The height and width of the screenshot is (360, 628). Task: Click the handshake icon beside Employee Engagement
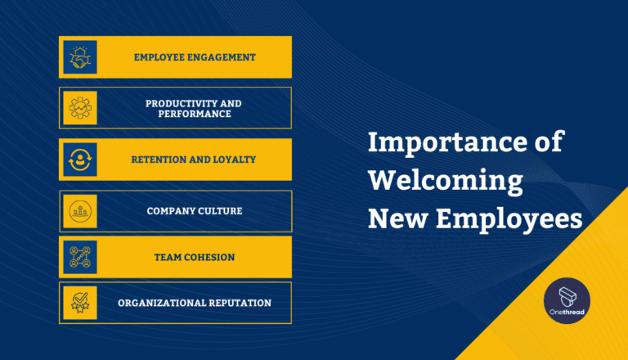click(80, 57)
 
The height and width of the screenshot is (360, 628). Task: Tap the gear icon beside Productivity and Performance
click(80, 108)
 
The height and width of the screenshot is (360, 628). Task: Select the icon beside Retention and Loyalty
click(80, 159)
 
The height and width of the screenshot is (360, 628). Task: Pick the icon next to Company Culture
click(80, 210)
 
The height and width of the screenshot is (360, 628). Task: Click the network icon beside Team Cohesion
click(80, 257)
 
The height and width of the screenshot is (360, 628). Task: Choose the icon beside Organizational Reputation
click(80, 303)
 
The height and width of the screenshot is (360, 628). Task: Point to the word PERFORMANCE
click(194, 114)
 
